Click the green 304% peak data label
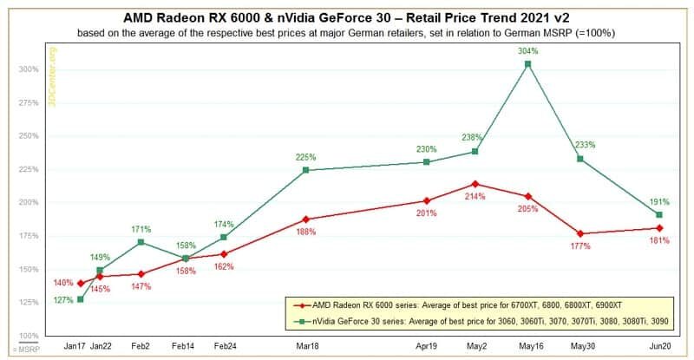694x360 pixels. pyautogui.click(x=527, y=50)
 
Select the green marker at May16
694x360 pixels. pyautogui.click(x=527, y=64)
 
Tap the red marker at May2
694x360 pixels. pyautogui.click(x=475, y=184)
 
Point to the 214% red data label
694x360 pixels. pyautogui.click(x=475, y=198)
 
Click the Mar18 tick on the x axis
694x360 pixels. pyautogui.click(x=306, y=344)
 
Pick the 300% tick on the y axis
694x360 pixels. pyautogui.click(x=29, y=69)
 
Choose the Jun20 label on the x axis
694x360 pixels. pyautogui.click(x=660, y=344)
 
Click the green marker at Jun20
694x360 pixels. pyautogui.click(x=660, y=214)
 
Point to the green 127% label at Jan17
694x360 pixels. pyautogui.click(x=63, y=301)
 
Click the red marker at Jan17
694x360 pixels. pyautogui.click(x=81, y=283)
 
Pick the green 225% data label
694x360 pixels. pyautogui.click(x=306, y=157)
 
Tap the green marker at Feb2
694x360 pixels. pyautogui.click(x=141, y=241)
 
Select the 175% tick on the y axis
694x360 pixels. pyautogui.click(x=29, y=236)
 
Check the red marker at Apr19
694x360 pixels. pyautogui.click(x=426, y=200)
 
